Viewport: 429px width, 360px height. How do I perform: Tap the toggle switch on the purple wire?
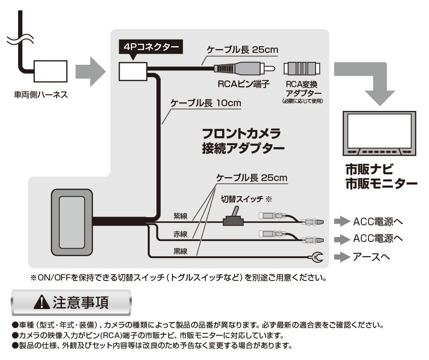[x=234, y=218]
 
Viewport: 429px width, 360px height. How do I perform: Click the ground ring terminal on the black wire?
[x=316, y=258]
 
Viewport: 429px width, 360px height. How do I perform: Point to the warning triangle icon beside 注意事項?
[x=41, y=302]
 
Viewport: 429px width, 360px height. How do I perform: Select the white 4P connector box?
[x=133, y=72]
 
